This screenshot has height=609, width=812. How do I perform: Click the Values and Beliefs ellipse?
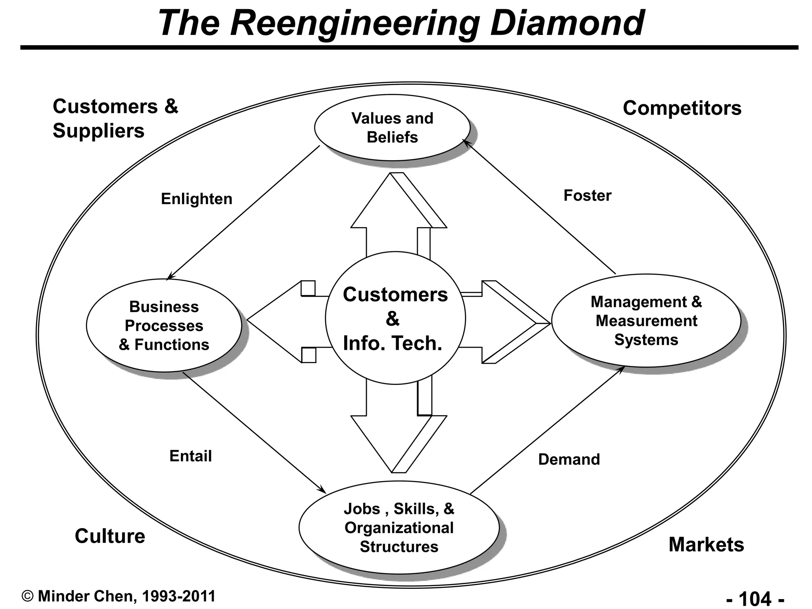(x=392, y=128)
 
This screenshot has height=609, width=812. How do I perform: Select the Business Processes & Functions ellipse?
(x=164, y=326)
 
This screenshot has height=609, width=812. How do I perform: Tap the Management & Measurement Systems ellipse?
(x=646, y=321)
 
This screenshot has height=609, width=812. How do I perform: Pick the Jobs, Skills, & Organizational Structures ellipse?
(x=399, y=527)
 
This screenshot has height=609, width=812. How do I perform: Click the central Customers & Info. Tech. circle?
(x=395, y=318)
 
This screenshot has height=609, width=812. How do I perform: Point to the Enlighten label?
(x=196, y=199)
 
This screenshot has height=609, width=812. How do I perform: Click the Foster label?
(x=587, y=195)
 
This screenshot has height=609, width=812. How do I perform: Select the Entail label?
(x=190, y=456)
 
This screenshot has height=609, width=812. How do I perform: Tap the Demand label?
(x=569, y=460)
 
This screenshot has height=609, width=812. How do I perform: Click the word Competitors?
(x=682, y=108)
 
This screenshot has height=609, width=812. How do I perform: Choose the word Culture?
(x=110, y=536)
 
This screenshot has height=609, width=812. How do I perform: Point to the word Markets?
(x=706, y=544)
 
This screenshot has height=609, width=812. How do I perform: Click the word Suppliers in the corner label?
(x=98, y=131)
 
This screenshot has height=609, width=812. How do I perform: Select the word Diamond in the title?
(x=567, y=23)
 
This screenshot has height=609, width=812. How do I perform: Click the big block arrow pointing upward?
(x=393, y=214)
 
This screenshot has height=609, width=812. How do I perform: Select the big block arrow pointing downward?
(x=393, y=432)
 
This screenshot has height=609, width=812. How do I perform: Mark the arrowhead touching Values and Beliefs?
(x=466, y=142)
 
